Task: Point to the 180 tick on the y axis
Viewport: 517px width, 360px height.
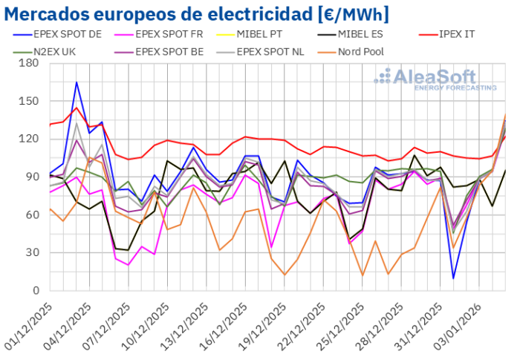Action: pos(30,64)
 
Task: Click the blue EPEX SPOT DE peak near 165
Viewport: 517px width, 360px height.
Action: pos(77,82)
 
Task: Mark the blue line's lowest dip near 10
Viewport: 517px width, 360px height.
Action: pos(453,278)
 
